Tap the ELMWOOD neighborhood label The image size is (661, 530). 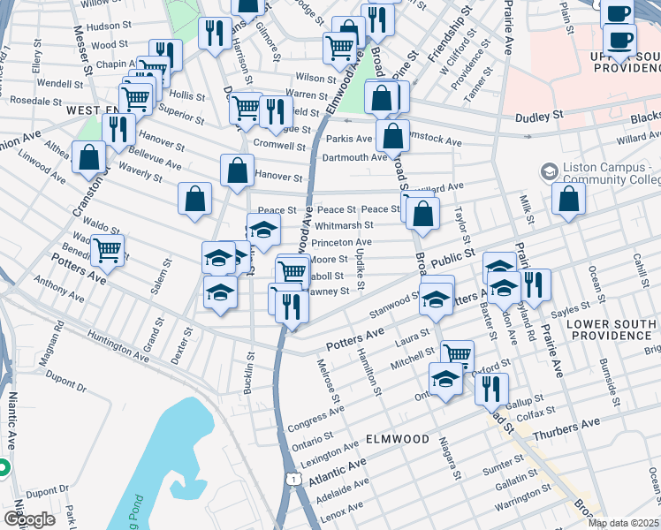(396, 439)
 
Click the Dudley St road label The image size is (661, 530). (539, 116)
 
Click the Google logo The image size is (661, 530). (29, 519)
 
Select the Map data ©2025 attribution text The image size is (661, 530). (623, 523)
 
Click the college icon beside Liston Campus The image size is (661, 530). (549, 170)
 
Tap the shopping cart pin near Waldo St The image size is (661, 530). (107, 249)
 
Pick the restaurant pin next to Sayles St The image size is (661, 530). (533, 284)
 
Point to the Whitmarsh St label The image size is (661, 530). (344, 225)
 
